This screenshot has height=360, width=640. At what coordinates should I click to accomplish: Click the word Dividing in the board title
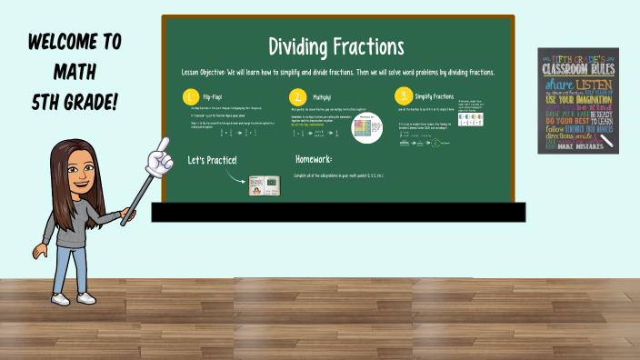tap(303, 46)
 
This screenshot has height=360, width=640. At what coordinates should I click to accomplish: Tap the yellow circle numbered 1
tap(190, 96)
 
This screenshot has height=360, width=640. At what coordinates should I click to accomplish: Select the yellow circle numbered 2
tap(296, 96)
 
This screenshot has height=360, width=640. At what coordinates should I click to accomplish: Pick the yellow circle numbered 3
tap(402, 95)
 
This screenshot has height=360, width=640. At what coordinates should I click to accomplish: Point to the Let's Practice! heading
tap(213, 161)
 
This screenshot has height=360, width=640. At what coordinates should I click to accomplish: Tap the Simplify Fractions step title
tap(434, 96)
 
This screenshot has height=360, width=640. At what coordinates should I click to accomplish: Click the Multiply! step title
tap(322, 96)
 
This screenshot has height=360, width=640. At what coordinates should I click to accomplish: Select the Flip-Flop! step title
tap(214, 96)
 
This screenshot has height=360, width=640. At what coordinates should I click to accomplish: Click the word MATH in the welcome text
tap(75, 73)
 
